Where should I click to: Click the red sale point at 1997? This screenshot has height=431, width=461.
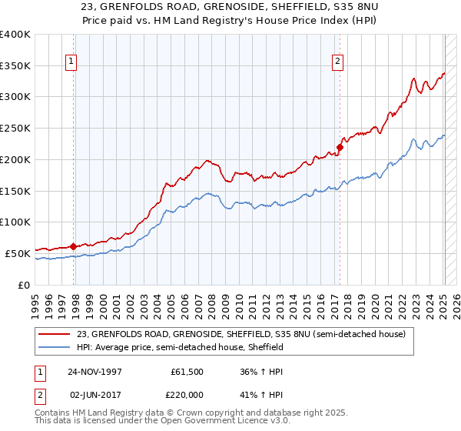click(73, 246)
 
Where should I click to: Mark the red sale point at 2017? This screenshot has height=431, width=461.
click(339, 147)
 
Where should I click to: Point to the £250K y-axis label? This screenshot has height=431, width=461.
click(15, 129)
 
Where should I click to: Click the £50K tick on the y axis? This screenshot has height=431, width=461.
click(18, 253)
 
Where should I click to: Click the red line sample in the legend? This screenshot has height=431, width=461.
click(55, 334)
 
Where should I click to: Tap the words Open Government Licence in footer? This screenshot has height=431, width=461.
click(211, 422)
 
